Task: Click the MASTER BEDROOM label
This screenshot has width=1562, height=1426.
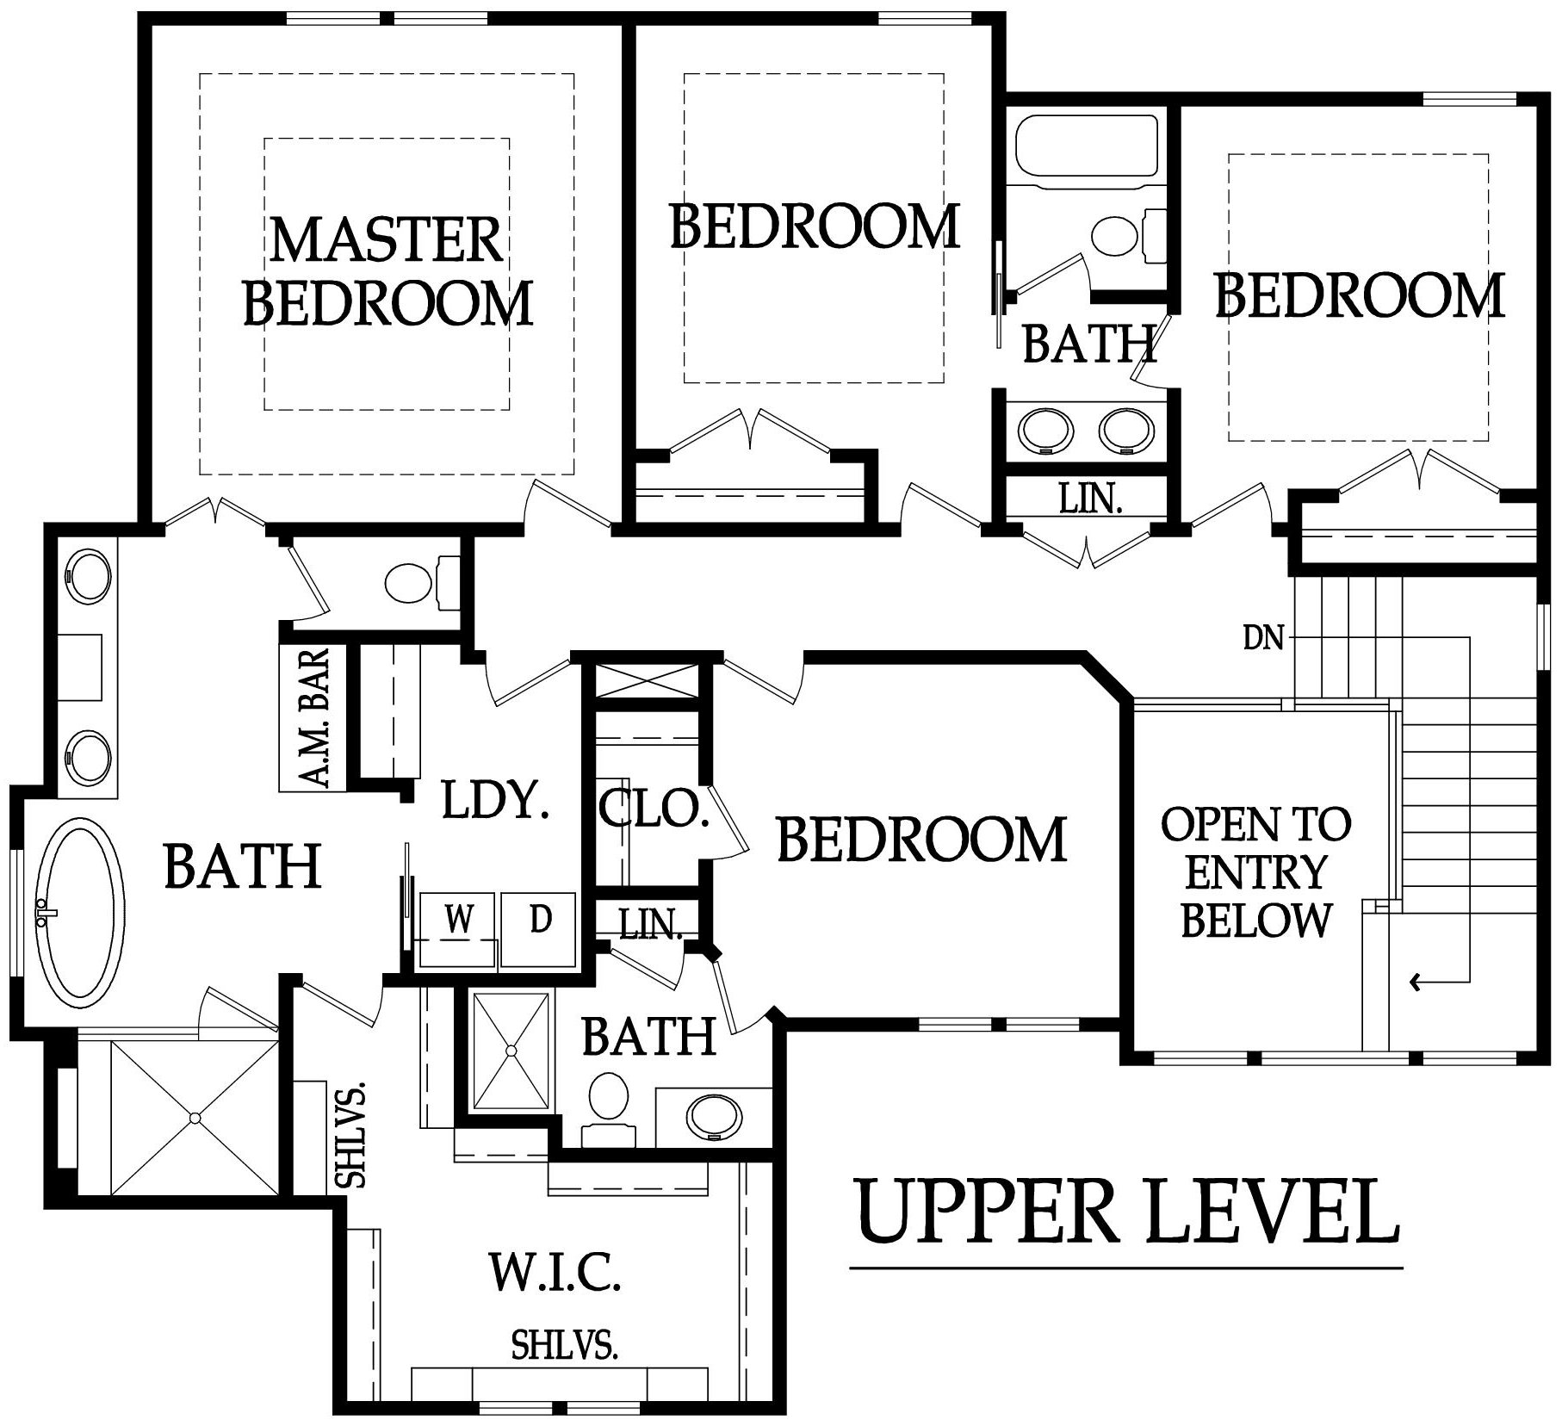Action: click(x=388, y=271)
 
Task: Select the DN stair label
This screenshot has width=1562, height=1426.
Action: click(x=1263, y=638)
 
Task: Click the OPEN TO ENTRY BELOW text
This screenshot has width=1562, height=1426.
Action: click(x=1256, y=872)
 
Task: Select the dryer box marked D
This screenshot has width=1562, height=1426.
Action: click(x=539, y=929)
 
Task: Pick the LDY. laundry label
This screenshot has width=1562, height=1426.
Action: click(x=494, y=800)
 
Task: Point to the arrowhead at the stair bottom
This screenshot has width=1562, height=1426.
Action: click(x=1415, y=981)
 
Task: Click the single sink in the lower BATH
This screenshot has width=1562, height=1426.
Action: click(x=714, y=1118)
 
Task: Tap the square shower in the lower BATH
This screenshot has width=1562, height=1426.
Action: click(x=511, y=1051)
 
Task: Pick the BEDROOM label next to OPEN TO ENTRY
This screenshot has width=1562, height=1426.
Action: click(x=921, y=840)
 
